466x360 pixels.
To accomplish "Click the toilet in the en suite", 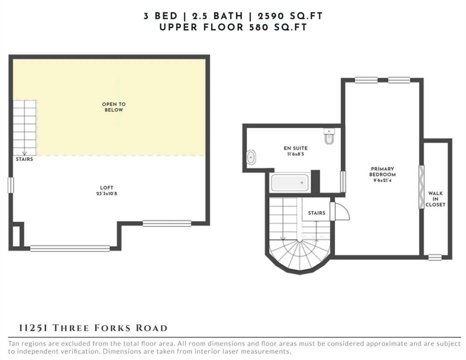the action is pos(329,136).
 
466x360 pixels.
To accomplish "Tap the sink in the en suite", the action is pos(251,157).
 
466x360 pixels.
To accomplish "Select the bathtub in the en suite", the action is pos(290,182).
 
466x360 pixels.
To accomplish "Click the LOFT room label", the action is pos(107,188).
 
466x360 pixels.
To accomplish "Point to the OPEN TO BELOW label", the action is pos(114,107).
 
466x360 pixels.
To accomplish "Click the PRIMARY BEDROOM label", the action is pos(382,172).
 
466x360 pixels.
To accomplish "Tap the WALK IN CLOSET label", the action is pos(435,199).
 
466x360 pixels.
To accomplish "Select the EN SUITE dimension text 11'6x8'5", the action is pos(296,154).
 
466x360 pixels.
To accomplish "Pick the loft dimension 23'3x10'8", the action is pos(107,194).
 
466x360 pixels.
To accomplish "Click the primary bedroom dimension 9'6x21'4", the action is pos(382,180).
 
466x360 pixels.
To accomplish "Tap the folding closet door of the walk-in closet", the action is pos(421,187).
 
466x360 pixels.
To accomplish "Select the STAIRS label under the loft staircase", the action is pos(24,159).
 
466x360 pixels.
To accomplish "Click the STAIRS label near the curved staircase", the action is pos(317,213).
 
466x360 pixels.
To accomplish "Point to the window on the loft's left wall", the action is pos(11,185).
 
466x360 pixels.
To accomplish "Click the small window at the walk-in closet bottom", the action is pos(435,257).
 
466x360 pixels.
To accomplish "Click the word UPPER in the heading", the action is pos(178,27).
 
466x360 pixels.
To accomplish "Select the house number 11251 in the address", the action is pos(33,328).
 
